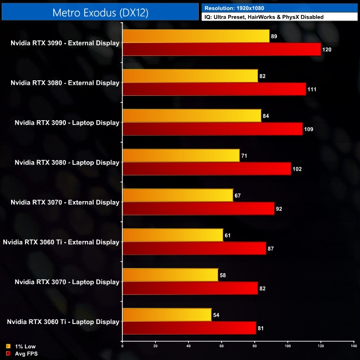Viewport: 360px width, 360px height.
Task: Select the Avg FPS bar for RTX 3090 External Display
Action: click(x=222, y=49)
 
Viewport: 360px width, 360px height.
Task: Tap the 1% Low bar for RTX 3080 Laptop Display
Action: click(x=181, y=156)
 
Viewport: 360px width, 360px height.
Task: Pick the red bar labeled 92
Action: click(x=198, y=209)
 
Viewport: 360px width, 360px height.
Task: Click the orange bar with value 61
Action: click(x=172, y=235)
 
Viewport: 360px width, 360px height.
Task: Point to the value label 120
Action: click(x=327, y=49)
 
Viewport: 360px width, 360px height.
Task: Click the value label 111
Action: click(x=312, y=89)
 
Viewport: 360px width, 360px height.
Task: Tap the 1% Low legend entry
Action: click(x=19, y=347)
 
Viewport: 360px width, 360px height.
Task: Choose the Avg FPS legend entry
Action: click(x=21, y=353)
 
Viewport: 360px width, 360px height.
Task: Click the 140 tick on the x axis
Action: click(x=353, y=346)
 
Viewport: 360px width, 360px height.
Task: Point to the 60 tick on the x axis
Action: click(x=222, y=346)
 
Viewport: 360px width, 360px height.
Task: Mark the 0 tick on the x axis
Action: click(x=122, y=346)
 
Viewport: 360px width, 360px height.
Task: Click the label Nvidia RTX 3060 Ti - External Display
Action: click(x=61, y=242)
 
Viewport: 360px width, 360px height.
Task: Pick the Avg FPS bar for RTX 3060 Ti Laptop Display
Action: click(x=189, y=328)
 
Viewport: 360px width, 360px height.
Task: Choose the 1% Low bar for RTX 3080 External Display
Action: click(x=190, y=76)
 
